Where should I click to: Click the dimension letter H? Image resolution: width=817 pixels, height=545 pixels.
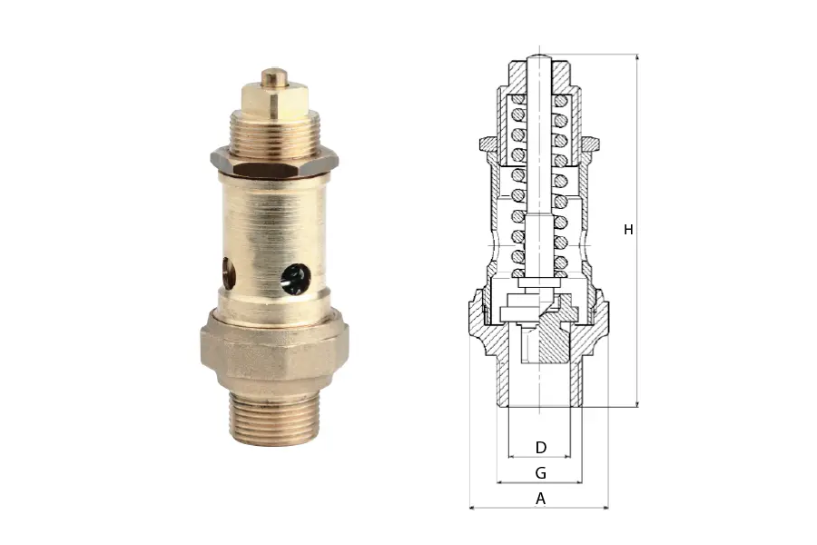(628, 230)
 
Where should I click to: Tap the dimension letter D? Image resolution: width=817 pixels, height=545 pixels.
(541, 448)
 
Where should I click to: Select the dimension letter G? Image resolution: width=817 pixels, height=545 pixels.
(541, 473)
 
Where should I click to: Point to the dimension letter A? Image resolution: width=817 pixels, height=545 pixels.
(541, 499)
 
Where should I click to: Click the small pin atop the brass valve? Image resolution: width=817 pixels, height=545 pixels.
(274, 77)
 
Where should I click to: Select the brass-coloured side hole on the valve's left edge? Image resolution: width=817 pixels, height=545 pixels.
(228, 272)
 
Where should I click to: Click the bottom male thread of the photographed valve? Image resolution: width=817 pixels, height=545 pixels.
(273, 418)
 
